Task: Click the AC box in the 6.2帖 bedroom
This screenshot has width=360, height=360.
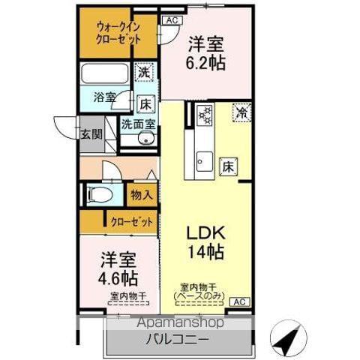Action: [x=172, y=20]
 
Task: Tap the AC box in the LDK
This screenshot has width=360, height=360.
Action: [x=240, y=301]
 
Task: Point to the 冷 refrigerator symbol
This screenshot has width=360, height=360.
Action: [x=241, y=113]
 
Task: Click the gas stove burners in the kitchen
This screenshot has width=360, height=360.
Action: [x=205, y=115]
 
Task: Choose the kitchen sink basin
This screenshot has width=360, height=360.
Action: [x=205, y=161]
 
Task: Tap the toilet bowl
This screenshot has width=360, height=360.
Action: [x=100, y=193]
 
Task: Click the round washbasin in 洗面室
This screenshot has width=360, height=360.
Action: [x=146, y=139]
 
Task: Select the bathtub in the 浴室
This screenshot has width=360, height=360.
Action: [x=105, y=74]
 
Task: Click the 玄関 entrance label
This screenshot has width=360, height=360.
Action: [x=91, y=135]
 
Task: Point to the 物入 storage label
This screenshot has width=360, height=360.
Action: [x=142, y=195]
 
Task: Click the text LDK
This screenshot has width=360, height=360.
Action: [x=206, y=232]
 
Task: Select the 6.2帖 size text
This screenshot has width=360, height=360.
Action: [x=205, y=62]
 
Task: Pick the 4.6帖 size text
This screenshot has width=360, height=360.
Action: [x=118, y=278]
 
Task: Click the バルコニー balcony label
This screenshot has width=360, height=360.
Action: [x=177, y=340]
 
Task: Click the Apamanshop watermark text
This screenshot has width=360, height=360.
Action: [x=180, y=322]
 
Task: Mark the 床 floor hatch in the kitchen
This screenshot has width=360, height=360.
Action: [x=228, y=166]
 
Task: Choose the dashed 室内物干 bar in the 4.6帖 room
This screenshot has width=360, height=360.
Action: [x=128, y=303]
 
